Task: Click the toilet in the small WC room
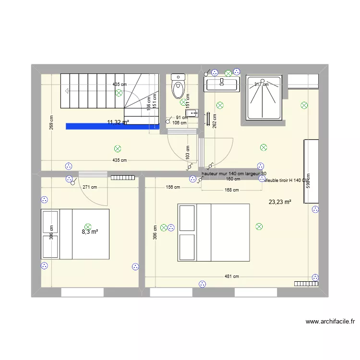[x=179, y=86]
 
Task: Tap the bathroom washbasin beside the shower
[x=221, y=85]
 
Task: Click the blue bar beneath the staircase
[x=112, y=127]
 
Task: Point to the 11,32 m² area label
[x=118, y=122]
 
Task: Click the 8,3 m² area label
[x=89, y=232]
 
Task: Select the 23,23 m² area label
[x=280, y=202]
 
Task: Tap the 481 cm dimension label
[x=232, y=276]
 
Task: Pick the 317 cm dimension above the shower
[x=261, y=84]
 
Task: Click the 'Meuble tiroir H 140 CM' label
[x=286, y=180]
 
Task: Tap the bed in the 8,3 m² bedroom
[x=75, y=234]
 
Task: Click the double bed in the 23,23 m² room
[x=214, y=233]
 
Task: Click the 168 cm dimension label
[x=232, y=190]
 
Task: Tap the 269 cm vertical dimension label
[x=51, y=122]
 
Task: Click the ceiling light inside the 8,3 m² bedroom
[x=87, y=226]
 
